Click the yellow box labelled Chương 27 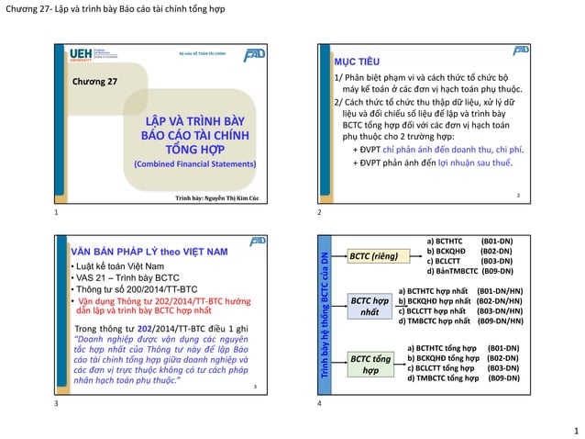coord(96,83)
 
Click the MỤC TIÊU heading coord(353,61)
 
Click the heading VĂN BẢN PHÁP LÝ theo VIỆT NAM coord(149,251)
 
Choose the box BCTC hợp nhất coord(370,307)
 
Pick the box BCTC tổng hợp coord(370,364)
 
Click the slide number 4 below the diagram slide coord(318,403)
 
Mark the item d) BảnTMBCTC coord(453,271)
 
